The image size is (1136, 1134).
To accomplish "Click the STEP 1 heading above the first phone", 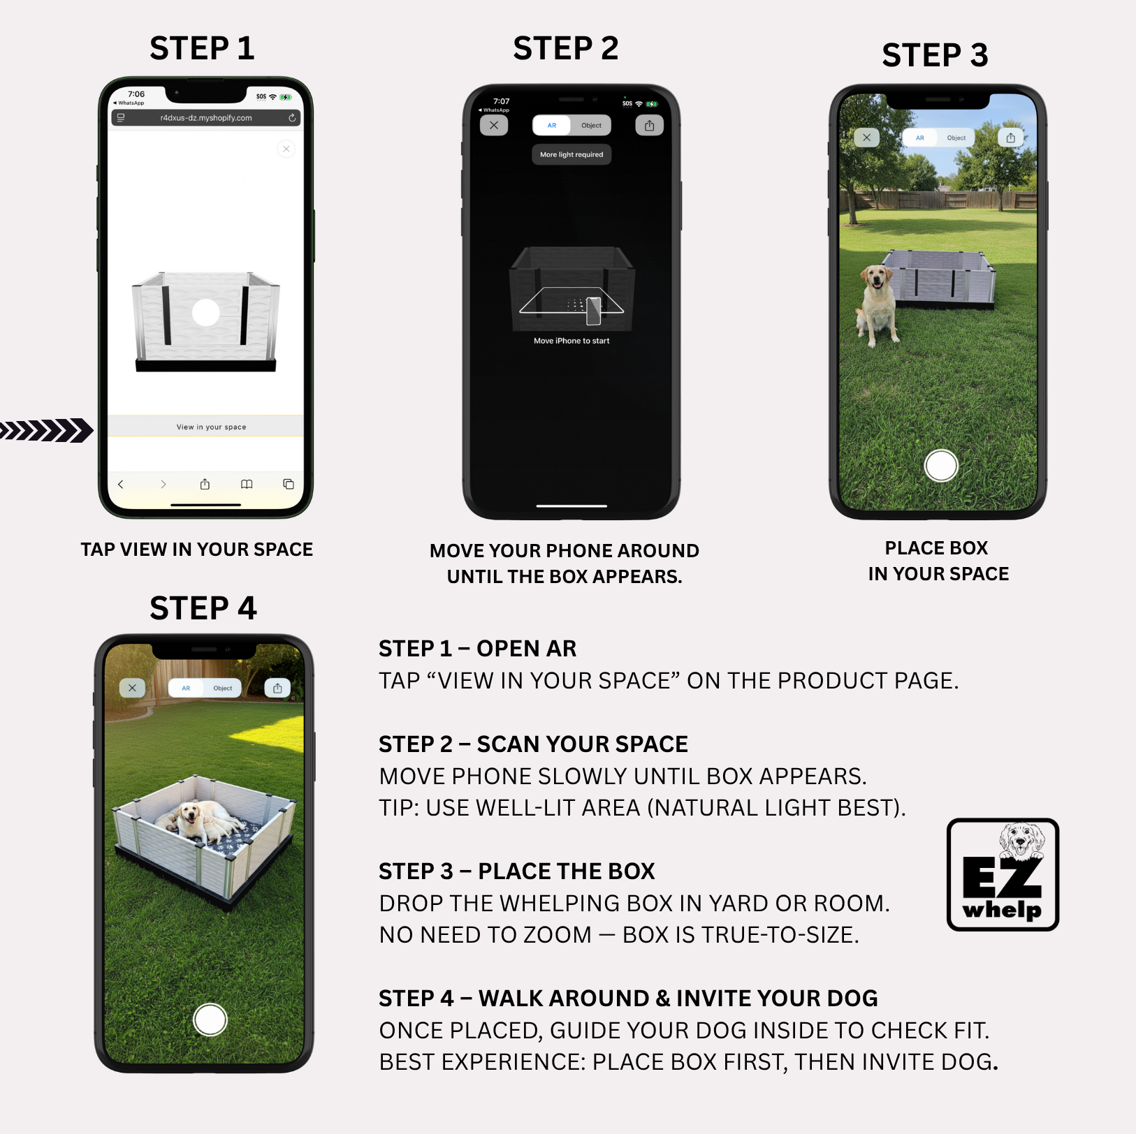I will point(202,48).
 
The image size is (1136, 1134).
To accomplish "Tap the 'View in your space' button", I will point(211,427).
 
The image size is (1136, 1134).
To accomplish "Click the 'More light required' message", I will point(571,154).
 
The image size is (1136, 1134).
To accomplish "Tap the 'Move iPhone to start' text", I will point(571,341).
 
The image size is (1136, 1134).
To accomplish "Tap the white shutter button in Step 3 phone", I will point(940,466).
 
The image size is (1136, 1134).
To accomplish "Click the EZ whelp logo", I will point(1003,875).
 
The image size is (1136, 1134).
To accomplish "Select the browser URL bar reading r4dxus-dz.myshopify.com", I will point(205,118).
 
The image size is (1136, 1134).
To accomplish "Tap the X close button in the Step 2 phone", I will point(494,126).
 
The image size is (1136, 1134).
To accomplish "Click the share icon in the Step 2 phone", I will point(649,126).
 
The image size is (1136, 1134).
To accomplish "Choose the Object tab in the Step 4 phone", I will point(223,688).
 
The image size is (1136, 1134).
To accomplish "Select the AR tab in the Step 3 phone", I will point(919,138).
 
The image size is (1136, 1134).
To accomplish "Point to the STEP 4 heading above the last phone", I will point(203,608).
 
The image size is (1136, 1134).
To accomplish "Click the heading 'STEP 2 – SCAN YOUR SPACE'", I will point(533,744).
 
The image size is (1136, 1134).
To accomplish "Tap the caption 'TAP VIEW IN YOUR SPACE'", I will point(196,550).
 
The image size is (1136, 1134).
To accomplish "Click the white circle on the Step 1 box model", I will point(205,313).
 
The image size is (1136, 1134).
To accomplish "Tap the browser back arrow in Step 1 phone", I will point(121,484).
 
